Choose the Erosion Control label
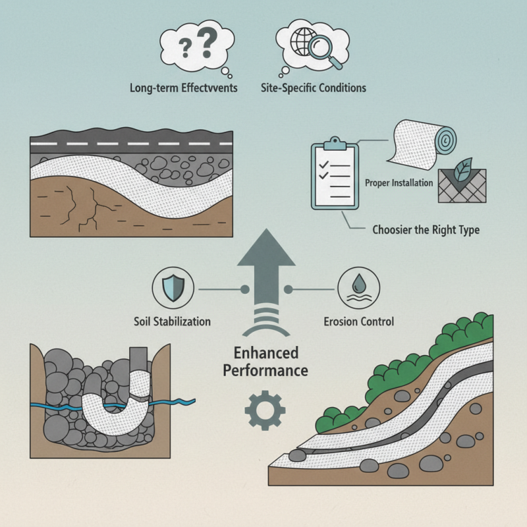[359, 322]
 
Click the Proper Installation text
[399, 182]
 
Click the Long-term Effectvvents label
[184, 88]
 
